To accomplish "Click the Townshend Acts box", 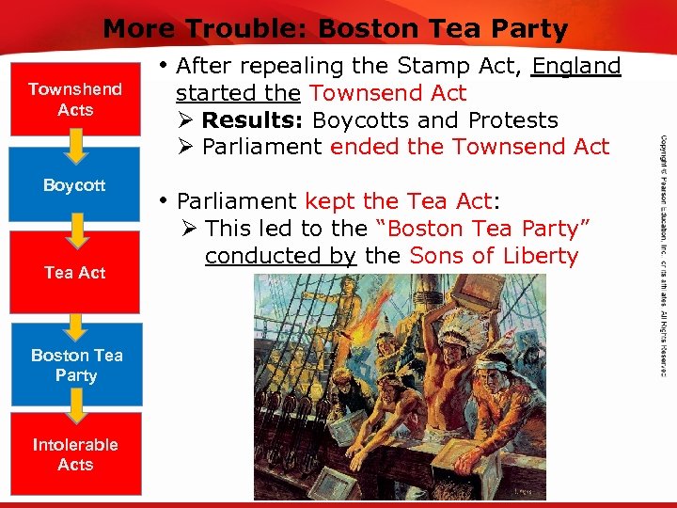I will [x=75, y=100].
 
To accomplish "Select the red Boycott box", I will [x=75, y=185].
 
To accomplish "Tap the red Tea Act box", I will [x=75, y=273].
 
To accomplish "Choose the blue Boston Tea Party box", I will [x=76, y=365].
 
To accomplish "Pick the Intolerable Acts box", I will [x=75, y=454].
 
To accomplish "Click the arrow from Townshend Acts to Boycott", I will [x=75, y=143].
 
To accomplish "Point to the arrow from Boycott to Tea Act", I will [x=75, y=229].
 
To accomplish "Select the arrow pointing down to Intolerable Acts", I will [x=76, y=405].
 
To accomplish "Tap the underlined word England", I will [x=575, y=67].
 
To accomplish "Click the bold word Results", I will [x=254, y=120].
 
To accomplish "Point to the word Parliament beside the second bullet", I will [x=237, y=201].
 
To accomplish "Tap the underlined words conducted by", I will [x=279, y=255].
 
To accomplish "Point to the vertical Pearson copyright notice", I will [x=663, y=254].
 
